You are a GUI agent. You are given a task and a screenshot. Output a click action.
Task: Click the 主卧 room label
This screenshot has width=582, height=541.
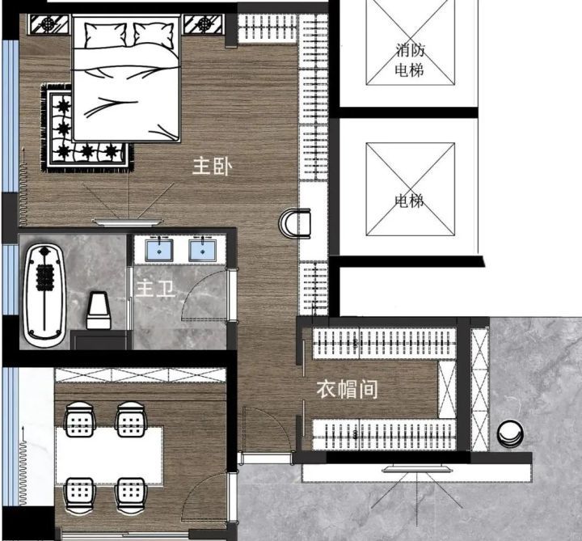213,166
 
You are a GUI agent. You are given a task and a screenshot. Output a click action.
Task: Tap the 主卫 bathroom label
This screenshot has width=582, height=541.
155,288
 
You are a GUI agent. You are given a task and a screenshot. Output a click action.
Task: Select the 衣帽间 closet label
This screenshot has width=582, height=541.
347,389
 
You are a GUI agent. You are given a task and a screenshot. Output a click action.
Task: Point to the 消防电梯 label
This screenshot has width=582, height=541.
410,60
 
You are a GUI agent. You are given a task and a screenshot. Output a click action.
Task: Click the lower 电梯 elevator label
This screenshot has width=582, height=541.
409,201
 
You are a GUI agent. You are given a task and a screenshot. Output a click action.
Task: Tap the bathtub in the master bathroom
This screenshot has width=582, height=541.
44,295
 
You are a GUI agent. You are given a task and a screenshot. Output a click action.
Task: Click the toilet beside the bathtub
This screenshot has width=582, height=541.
99,311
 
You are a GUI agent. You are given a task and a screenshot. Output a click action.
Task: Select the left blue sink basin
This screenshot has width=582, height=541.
159,251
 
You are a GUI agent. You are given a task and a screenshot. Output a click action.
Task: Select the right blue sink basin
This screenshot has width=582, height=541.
202,251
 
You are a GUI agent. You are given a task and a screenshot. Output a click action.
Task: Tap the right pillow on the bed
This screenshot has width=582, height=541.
154,35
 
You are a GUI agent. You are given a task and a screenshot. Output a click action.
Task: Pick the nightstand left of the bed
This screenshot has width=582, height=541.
49,24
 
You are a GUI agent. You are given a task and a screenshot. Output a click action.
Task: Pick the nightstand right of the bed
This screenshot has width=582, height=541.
205,24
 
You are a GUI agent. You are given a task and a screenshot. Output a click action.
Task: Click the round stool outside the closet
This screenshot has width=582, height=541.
510,433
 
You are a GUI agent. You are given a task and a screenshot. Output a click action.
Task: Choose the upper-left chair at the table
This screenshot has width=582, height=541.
79,420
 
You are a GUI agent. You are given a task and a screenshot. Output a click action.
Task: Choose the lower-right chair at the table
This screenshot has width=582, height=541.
131,496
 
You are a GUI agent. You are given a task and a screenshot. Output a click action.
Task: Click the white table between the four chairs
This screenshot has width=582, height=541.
109,455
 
